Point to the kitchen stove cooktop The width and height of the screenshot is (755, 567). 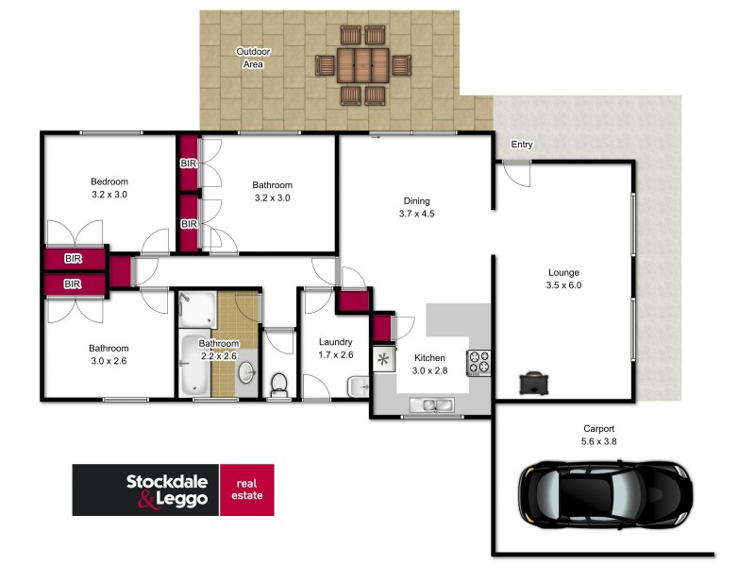click(x=479, y=362)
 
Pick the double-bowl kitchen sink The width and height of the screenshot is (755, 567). click(x=432, y=405)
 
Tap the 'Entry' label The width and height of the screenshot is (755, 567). click(x=521, y=145)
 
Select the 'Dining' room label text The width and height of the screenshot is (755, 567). click(x=416, y=200)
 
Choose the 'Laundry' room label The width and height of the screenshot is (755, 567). click(x=335, y=342)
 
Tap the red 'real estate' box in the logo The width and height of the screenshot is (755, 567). click(x=246, y=490)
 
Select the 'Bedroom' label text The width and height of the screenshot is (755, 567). click(x=109, y=181)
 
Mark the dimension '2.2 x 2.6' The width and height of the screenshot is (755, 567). click(x=218, y=356)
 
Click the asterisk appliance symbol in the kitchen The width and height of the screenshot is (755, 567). click(x=383, y=359)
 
